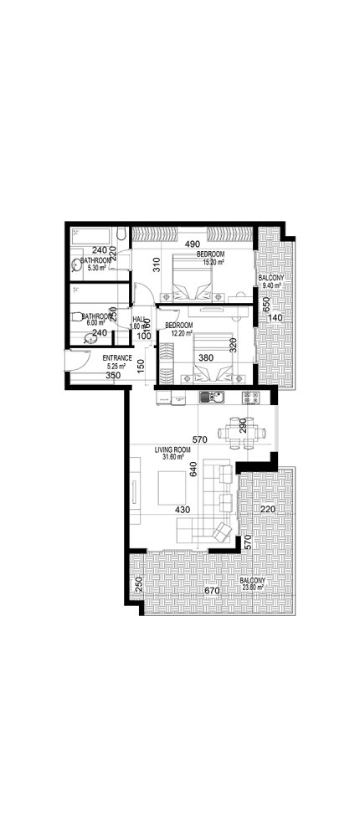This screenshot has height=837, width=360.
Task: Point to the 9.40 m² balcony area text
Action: point(271,285)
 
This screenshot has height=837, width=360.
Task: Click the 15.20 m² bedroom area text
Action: point(210,261)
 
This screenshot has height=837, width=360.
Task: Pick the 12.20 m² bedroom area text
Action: point(179,332)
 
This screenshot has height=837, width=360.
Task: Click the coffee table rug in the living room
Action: point(172,489)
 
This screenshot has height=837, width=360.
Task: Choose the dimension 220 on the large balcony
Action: point(268,508)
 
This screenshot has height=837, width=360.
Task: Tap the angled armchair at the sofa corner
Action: point(222,531)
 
